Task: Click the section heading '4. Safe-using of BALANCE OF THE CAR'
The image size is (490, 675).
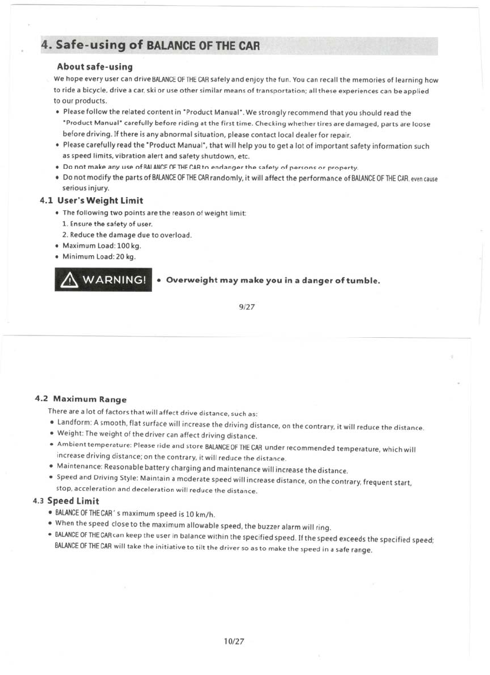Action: [x=150, y=45]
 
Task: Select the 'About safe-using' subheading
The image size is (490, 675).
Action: [x=94, y=67]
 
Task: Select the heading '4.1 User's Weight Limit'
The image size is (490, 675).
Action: [x=91, y=201]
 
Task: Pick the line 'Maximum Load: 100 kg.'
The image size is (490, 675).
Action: [x=101, y=246]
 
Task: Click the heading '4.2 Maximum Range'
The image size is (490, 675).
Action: [x=81, y=399]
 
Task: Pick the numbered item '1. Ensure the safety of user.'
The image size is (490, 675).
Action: [x=107, y=224]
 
